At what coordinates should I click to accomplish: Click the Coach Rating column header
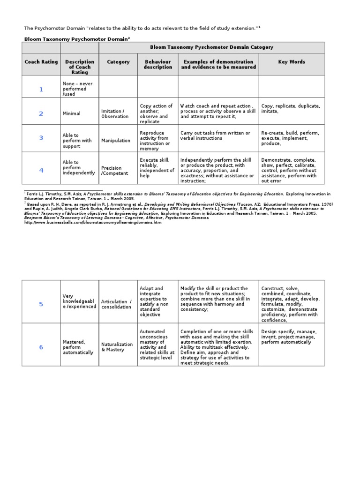[x=41, y=62]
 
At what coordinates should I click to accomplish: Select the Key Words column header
[x=292, y=62]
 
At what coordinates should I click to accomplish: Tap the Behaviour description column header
[x=157, y=64]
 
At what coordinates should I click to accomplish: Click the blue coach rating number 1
[x=41, y=89]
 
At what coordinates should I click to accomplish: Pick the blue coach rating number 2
[x=41, y=113]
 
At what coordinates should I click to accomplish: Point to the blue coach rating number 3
[x=41, y=138]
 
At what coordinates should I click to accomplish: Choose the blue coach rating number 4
[x=41, y=170]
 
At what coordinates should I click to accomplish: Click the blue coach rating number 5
[x=41, y=304]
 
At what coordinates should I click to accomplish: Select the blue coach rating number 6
[x=41, y=347]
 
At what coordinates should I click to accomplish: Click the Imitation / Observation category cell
[x=115, y=113]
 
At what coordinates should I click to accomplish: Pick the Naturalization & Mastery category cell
[x=117, y=347]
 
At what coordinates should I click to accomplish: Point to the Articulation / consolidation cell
[x=117, y=304]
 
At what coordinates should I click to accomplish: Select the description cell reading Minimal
[x=72, y=113]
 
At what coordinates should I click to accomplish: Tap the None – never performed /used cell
[x=78, y=89]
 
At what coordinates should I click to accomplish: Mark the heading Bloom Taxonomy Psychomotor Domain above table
[x=76, y=39]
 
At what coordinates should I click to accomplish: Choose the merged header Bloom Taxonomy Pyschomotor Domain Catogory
[x=211, y=47]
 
